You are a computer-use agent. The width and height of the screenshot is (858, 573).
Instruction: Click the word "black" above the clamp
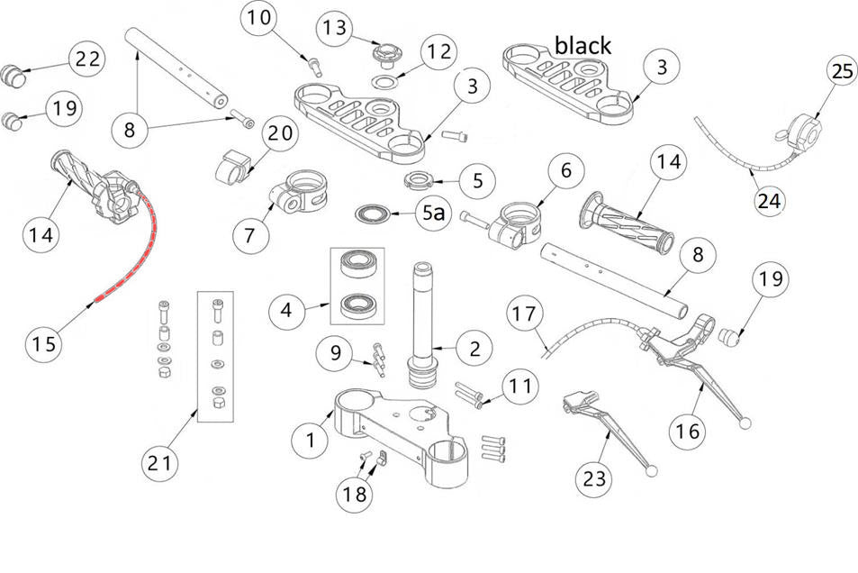583,45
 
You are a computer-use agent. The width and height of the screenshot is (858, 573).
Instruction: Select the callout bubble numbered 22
87,60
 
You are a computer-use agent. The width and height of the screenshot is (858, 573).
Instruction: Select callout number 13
333,28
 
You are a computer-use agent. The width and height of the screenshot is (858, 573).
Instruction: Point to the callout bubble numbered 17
527,314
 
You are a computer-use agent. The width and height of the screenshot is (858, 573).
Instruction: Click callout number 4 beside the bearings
287,312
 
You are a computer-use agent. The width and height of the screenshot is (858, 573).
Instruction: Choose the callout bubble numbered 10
258,19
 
